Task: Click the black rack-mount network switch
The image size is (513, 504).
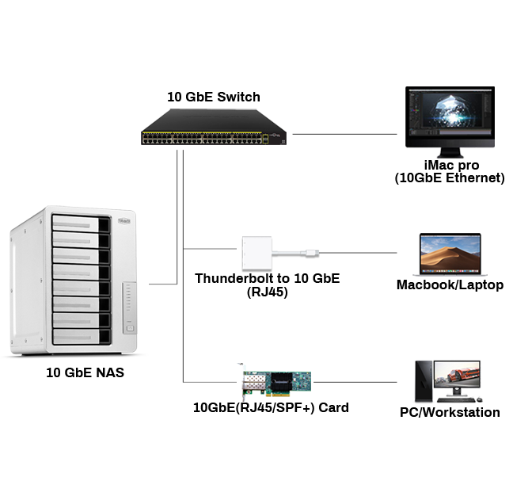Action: (214, 127)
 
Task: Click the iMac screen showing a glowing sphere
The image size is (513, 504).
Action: (448, 116)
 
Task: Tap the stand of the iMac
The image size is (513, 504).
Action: (449, 152)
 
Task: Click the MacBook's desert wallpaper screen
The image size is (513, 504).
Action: (447, 252)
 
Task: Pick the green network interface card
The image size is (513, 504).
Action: (274, 382)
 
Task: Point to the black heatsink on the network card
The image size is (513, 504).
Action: (279, 384)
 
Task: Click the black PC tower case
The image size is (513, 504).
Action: (424, 380)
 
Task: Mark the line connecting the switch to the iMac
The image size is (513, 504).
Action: (344, 135)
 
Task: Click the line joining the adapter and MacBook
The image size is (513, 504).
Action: (360, 254)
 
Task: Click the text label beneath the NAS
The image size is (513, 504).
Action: (85, 372)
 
